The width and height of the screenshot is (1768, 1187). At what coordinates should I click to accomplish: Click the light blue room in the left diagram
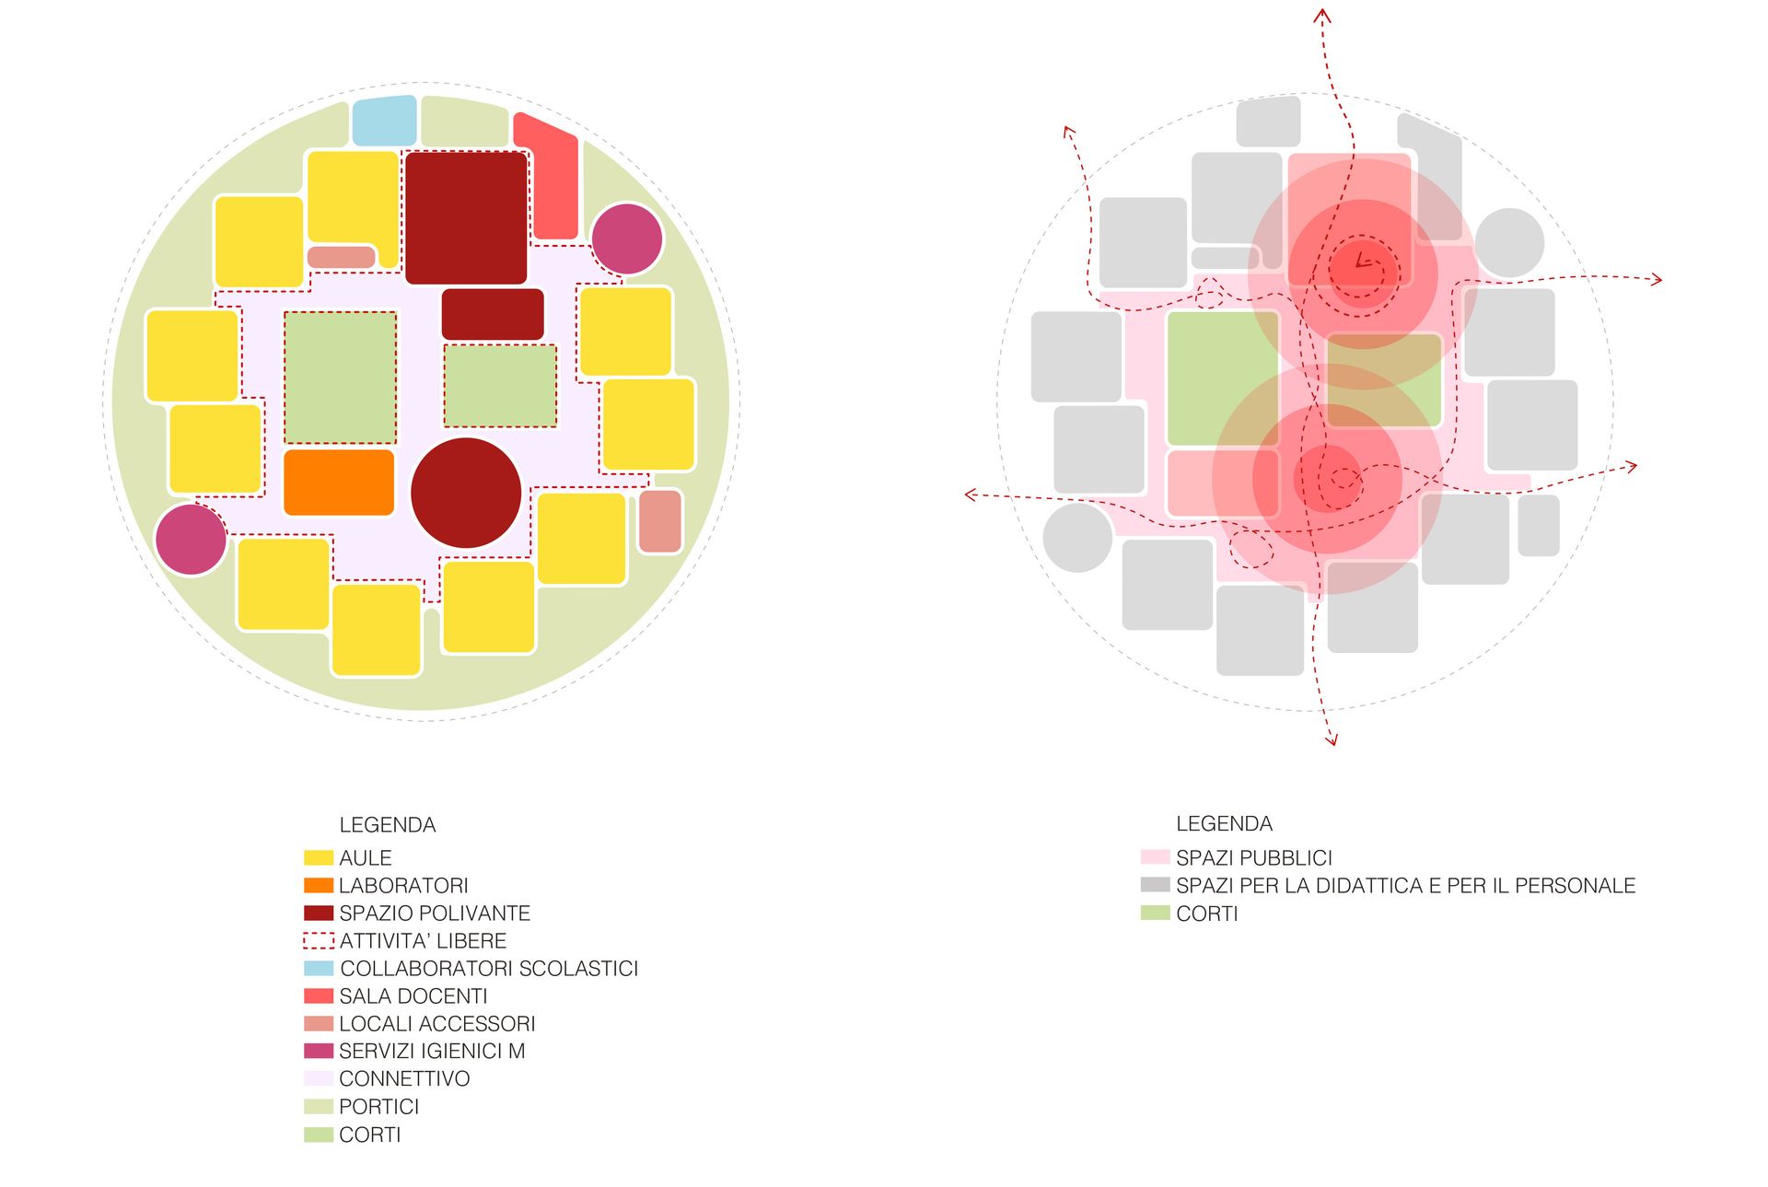point(384,121)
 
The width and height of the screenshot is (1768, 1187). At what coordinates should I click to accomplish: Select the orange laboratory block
point(339,482)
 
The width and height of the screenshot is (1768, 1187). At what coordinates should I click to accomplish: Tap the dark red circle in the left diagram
point(466,493)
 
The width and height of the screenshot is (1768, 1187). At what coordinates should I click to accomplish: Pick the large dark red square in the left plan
point(466,217)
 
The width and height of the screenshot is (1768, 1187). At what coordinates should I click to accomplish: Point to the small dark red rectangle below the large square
point(493,314)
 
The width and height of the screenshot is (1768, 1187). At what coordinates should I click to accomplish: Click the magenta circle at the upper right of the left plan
point(627,239)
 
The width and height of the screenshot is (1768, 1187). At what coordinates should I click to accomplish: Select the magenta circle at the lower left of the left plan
point(191,540)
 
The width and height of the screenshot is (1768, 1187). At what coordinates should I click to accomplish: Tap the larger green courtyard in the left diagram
point(340,377)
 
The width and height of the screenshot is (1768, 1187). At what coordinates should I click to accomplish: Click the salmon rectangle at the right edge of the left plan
point(660,521)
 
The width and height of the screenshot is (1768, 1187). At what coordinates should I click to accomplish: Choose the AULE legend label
point(365,858)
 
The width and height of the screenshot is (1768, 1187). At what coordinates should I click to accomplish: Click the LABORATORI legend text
point(403,886)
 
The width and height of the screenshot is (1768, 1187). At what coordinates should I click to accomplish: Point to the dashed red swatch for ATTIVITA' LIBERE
point(319,941)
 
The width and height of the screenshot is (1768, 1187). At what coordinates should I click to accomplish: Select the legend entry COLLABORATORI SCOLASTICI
point(488,969)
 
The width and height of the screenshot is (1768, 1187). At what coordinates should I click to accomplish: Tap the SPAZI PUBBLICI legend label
point(1253,858)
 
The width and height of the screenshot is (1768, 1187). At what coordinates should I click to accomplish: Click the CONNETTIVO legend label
point(404,1079)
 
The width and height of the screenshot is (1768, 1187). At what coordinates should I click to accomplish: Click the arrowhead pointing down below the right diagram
point(1332,739)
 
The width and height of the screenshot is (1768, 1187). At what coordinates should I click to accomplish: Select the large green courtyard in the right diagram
point(1222,378)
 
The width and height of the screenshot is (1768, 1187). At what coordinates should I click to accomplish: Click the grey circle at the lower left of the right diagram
point(1077,538)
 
